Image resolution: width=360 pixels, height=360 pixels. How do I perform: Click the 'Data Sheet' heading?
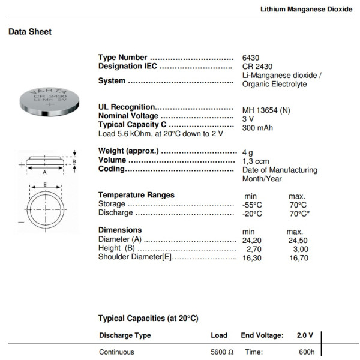(30, 32)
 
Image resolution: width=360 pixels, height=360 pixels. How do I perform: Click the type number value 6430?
(251, 58)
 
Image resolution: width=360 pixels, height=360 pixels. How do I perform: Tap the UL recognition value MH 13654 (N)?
(266, 110)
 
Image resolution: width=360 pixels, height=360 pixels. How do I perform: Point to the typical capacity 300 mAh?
(258, 128)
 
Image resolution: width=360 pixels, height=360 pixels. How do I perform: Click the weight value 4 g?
(248, 152)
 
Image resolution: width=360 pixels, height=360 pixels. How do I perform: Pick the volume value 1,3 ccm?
(256, 161)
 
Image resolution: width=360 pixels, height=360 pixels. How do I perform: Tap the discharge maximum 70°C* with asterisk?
(299, 214)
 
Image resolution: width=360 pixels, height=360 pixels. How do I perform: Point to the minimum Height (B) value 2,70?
(253, 249)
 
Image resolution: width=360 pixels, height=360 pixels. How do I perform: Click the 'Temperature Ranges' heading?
(136, 195)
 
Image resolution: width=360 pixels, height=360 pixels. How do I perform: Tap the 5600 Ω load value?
(221, 352)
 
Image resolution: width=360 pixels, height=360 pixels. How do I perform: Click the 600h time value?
(307, 352)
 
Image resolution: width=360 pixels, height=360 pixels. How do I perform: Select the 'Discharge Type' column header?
(125, 335)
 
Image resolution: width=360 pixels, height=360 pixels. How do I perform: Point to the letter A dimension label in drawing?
(44, 170)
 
